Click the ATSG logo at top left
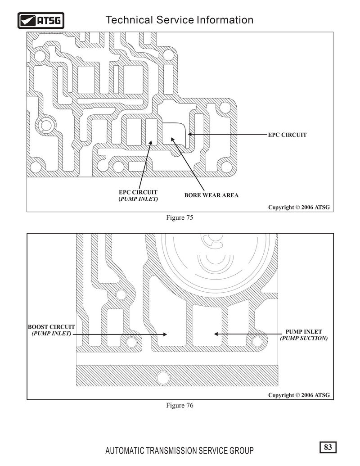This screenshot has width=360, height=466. (40, 21)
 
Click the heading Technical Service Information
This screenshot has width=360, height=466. (180, 20)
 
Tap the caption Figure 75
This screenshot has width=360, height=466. (180, 217)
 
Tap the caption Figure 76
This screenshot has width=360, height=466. (180, 405)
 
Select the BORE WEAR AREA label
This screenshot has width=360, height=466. (211, 195)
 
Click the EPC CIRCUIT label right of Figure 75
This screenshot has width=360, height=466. (287, 135)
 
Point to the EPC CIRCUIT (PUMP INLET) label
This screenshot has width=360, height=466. (138, 195)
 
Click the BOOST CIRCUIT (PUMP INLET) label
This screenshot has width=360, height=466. (51, 330)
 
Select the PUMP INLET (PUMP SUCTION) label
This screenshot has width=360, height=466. (304, 335)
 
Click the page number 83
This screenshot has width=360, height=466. (328, 447)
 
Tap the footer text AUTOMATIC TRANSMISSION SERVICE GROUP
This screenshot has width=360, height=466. (180, 451)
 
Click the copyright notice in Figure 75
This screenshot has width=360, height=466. (299, 207)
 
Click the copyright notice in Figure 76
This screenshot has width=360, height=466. (299, 395)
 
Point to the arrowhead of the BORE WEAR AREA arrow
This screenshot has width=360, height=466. (172, 139)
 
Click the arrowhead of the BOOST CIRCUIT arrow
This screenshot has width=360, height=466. (165, 335)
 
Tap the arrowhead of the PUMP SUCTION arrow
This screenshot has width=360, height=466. (216, 334)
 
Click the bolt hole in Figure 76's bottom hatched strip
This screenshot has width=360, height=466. (163, 378)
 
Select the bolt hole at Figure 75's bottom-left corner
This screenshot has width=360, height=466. (36, 167)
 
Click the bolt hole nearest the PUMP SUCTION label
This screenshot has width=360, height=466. (257, 341)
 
